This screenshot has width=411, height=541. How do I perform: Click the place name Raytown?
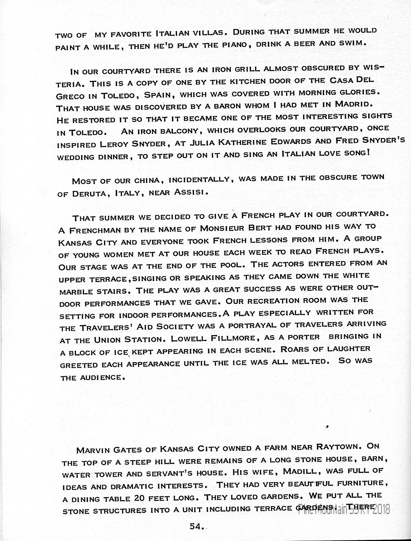(x=336, y=447)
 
